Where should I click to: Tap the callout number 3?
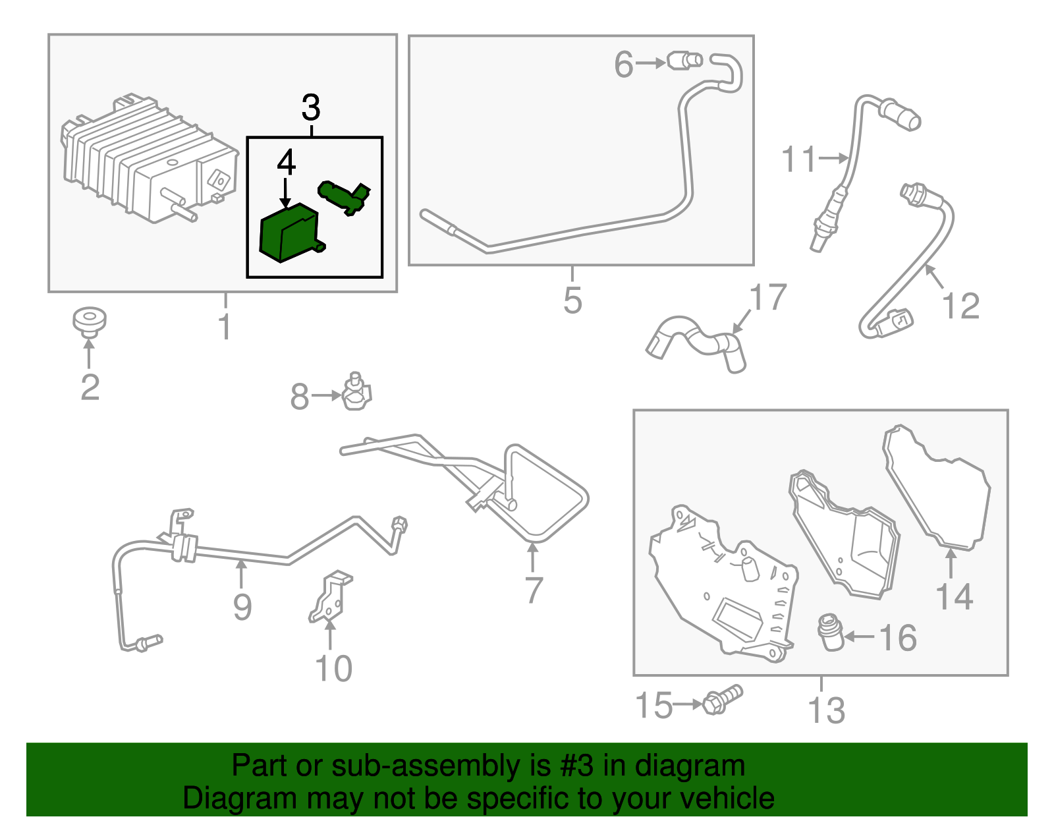pos(311,108)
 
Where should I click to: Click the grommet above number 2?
pos(89,320)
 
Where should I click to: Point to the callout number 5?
pos(572,300)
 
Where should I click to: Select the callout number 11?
pos(798,159)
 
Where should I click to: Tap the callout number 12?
pos(961,306)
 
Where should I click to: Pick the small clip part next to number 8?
pos(356,393)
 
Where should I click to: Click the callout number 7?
pos(534,589)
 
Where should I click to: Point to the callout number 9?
pos(242,607)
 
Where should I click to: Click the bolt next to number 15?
pos(722,699)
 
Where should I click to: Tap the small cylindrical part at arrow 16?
pos(831,632)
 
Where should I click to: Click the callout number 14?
pos(954,597)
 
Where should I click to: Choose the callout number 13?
pos(826,710)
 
